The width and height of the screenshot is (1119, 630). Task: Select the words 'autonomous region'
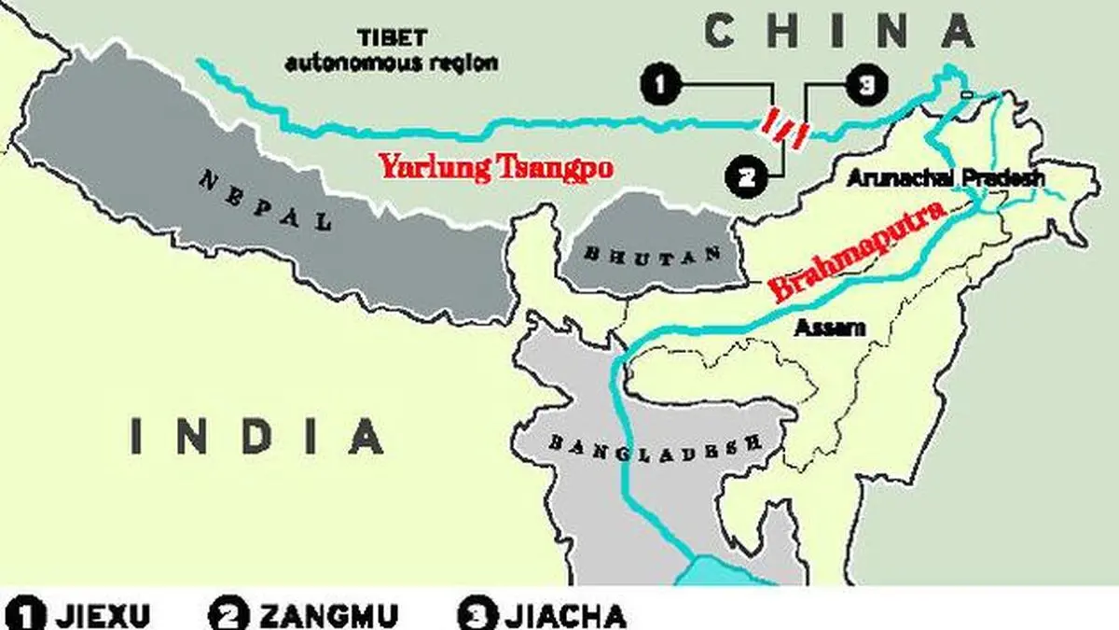click(x=391, y=64)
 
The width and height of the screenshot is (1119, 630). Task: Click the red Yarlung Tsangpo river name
click(x=495, y=168)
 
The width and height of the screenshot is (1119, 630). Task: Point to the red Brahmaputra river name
click(x=858, y=252)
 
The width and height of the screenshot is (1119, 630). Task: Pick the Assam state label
click(x=829, y=327)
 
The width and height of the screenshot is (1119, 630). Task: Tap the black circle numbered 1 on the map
click(x=658, y=87)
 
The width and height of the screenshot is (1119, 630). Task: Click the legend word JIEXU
click(x=103, y=616)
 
